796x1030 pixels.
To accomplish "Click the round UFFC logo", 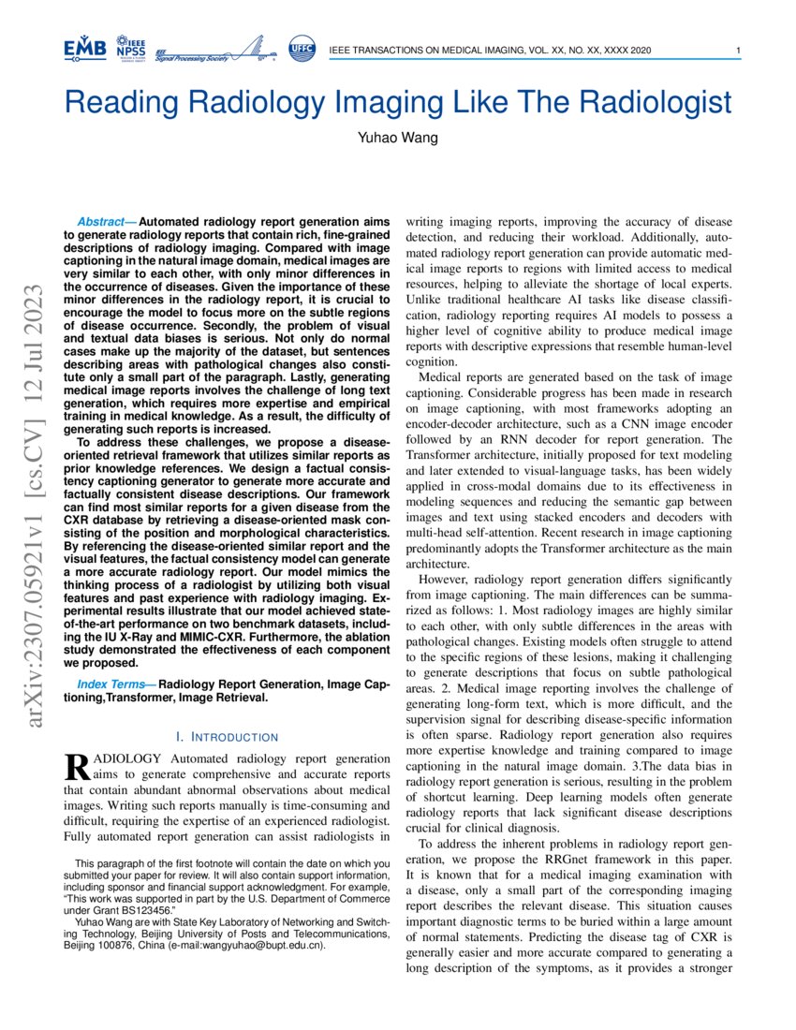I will [302, 49].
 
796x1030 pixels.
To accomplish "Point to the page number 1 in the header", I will [739, 51].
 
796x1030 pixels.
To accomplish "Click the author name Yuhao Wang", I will [397, 139].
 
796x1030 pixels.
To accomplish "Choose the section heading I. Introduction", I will [227, 737].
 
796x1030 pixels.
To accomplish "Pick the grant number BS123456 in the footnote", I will [137, 909].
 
